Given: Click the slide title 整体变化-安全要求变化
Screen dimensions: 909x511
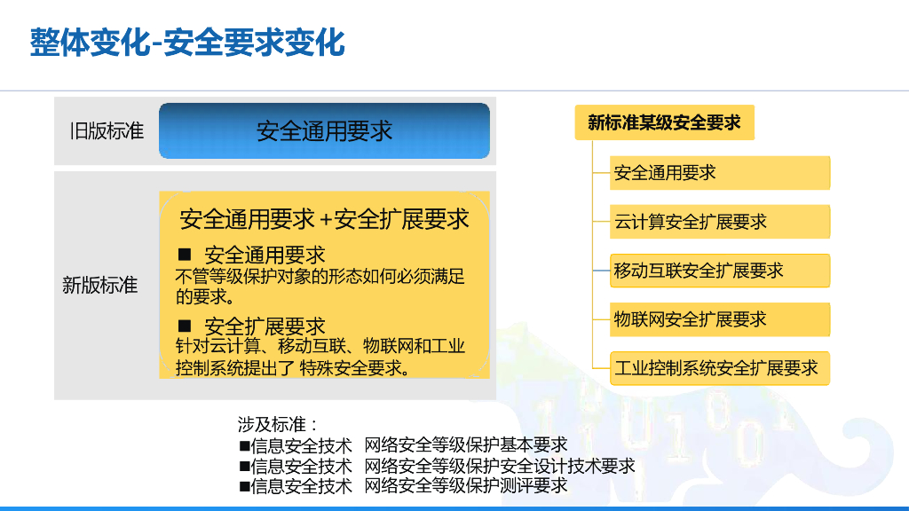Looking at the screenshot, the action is click(187, 43).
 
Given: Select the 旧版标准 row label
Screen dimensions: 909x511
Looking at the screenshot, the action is click(107, 131).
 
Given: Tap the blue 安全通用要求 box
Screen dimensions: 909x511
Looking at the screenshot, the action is click(324, 131).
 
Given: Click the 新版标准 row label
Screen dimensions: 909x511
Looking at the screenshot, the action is click(99, 285).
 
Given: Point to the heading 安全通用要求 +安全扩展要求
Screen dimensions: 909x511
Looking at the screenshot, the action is click(324, 219).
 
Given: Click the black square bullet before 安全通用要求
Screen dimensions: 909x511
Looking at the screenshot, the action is click(185, 255).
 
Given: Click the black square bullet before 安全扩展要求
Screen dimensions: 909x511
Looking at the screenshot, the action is click(185, 326).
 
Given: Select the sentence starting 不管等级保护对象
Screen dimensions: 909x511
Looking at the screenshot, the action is click(320, 287).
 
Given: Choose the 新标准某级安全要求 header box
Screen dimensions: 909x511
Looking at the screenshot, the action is click(664, 122).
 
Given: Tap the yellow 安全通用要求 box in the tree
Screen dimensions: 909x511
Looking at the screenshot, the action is click(719, 173).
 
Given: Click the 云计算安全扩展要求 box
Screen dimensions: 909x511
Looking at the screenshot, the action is click(719, 221).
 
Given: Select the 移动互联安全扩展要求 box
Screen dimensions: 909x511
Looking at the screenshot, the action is click(719, 271).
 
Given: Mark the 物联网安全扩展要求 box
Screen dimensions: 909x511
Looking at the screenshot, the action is click(719, 319).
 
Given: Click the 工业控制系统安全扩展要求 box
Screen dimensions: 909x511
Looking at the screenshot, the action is click(719, 368).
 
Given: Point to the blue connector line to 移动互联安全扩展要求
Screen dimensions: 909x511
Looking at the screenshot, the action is click(601, 271).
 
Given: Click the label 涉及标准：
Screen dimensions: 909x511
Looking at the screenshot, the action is click(278, 424).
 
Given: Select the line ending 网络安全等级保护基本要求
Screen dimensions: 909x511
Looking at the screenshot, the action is click(403, 445).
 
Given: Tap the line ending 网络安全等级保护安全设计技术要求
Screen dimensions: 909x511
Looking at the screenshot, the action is click(437, 465).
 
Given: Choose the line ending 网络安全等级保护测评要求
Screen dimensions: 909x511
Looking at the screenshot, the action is click(403, 485).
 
